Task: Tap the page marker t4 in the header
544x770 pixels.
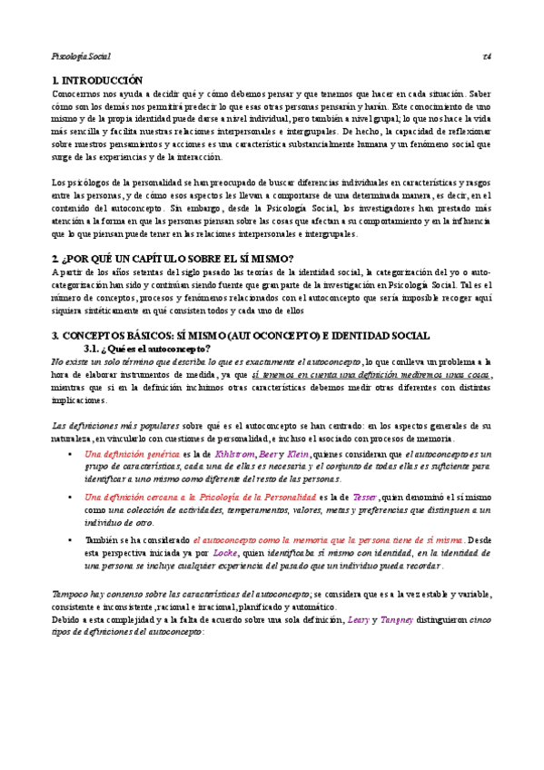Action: point(487,57)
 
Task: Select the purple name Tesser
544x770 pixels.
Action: point(364,497)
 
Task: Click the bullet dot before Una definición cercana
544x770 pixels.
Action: point(72,498)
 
